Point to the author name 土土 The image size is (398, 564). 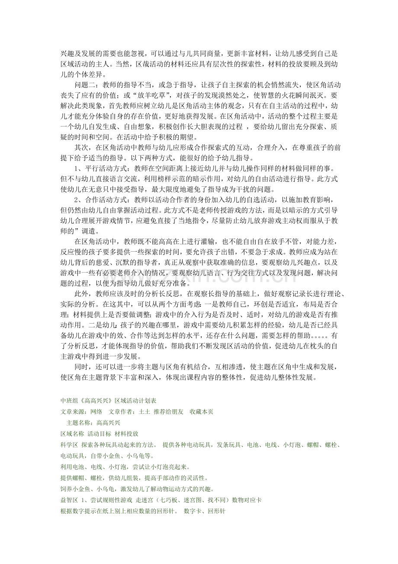[144, 412]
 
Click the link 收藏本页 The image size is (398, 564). [201, 412]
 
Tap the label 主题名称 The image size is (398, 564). [78, 422]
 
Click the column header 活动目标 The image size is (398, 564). [99, 434]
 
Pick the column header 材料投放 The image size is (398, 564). [126, 434]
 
